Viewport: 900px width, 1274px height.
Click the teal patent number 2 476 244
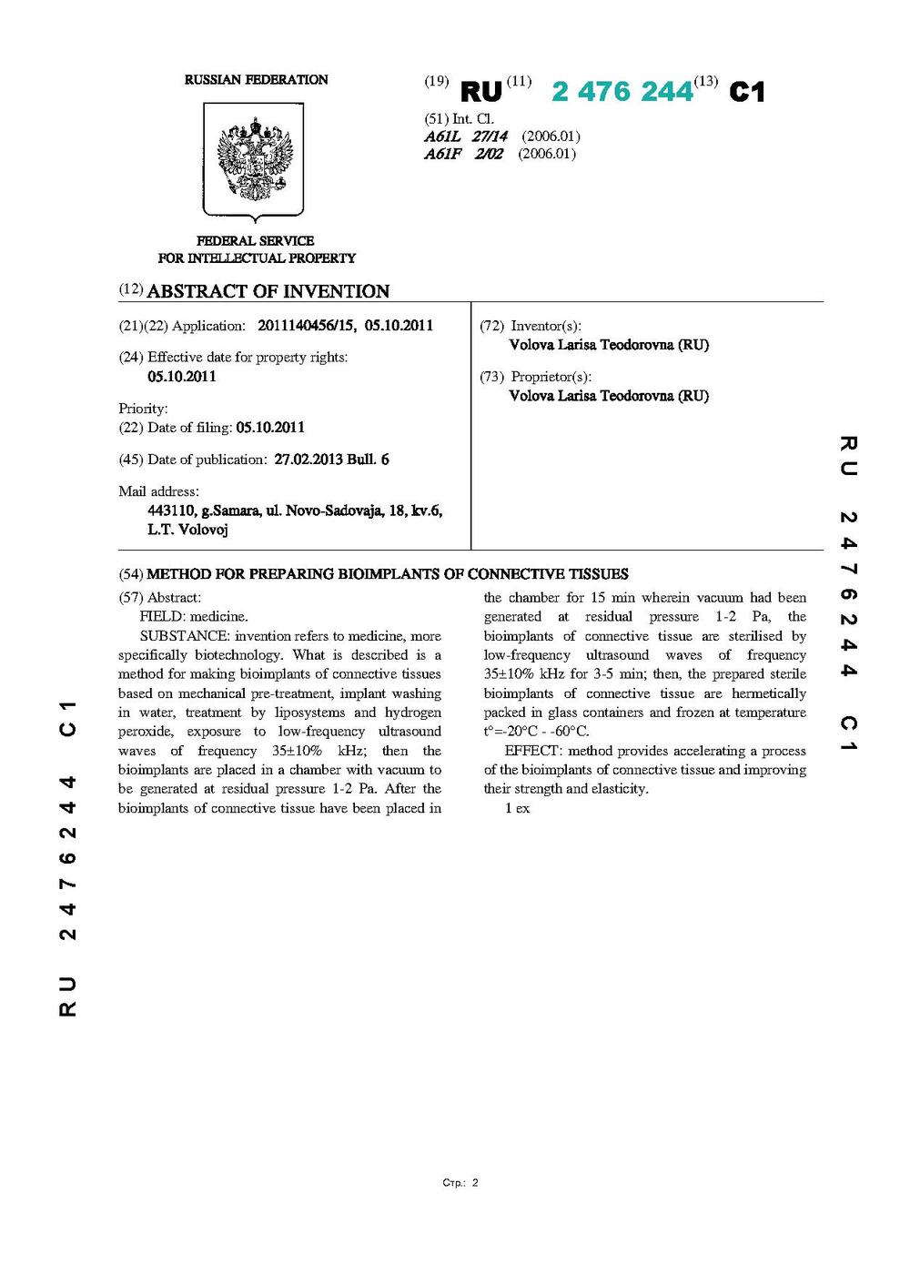[622, 92]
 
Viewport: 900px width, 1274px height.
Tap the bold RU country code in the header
[481, 92]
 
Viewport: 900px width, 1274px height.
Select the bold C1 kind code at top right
[747, 92]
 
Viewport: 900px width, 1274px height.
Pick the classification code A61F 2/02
[463, 154]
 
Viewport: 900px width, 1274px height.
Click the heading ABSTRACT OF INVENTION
[268, 291]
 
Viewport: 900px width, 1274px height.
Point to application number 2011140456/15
[307, 326]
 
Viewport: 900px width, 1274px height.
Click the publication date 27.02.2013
[308, 460]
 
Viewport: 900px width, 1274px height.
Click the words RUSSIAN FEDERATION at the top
[256, 80]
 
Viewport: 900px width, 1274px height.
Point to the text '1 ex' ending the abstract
[517, 808]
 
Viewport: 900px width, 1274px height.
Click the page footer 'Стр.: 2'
[460, 1183]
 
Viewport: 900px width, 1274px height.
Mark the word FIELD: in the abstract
[162, 617]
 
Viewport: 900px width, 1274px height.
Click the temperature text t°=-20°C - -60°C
[536, 732]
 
